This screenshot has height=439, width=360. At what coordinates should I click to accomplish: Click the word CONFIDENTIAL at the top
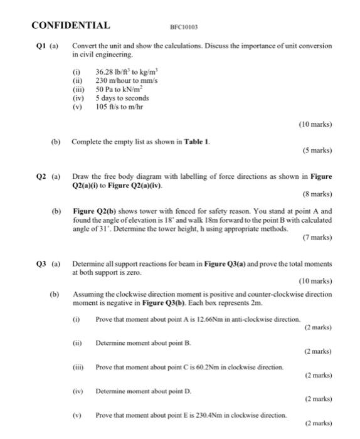click(x=70, y=26)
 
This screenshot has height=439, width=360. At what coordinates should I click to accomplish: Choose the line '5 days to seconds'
click(x=122, y=98)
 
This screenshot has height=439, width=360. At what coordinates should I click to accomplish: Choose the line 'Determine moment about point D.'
click(x=144, y=391)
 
